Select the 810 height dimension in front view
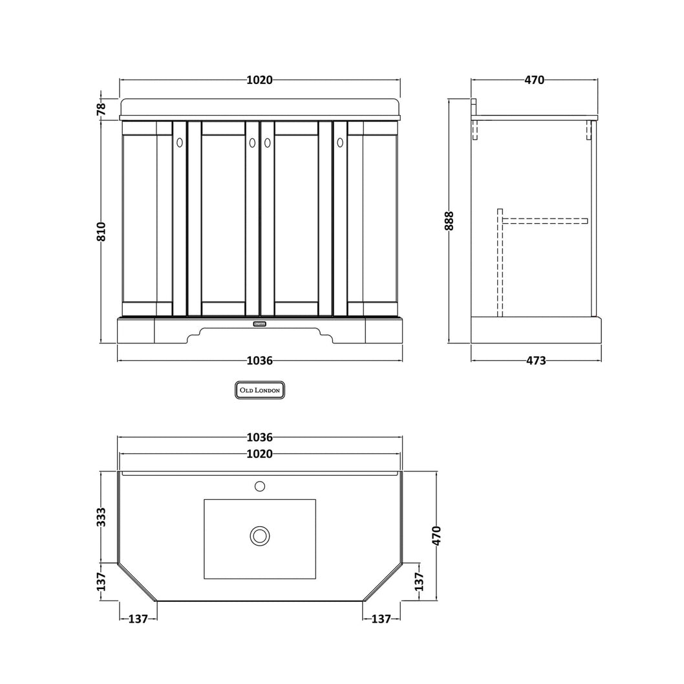102,231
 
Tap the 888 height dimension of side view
449,220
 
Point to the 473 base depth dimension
536,361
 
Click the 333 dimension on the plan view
102,517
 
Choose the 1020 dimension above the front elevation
259,80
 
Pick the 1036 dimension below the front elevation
259,361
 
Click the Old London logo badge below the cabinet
259,390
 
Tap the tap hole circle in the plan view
259,486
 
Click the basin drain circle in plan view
259,536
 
